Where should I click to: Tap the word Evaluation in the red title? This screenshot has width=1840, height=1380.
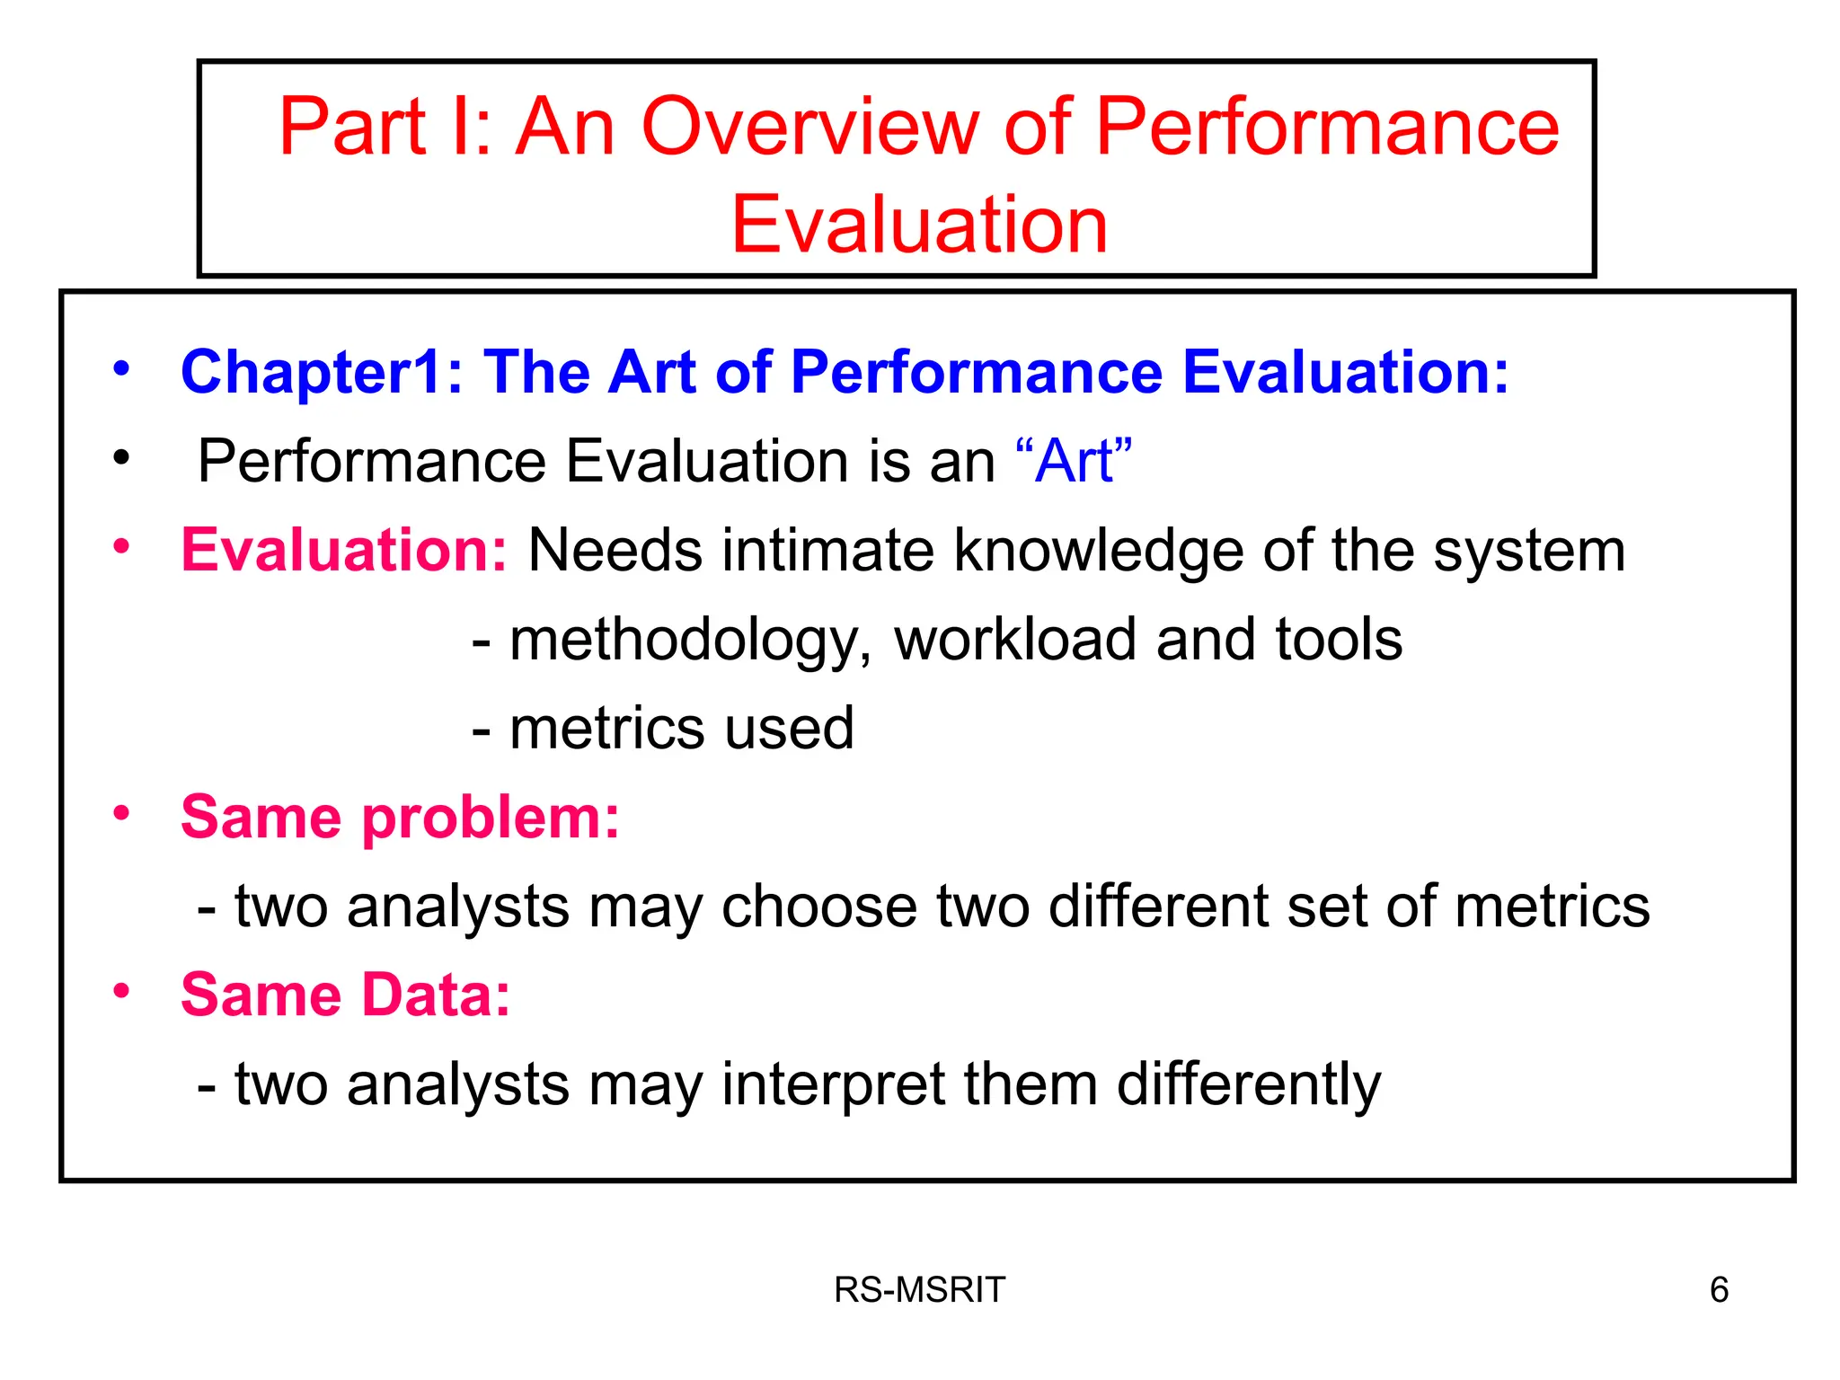pyautogui.click(x=919, y=225)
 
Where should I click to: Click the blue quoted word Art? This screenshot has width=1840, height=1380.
pyautogui.click(x=1074, y=462)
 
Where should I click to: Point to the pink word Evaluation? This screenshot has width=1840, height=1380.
pyautogui.click(x=344, y=550)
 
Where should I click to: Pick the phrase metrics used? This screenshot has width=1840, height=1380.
pyautogui.click(x=681, y=728)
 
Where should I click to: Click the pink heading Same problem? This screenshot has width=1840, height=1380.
pyautogui.click(x=400, y=818)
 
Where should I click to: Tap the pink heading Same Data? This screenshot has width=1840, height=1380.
pyautogui.click(x=345, y=995)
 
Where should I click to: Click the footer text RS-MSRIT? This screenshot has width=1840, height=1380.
pyautogui.click(x=919, y=1290)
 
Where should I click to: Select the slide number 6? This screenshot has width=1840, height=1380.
pyautogui.click(x=1719, y=1290)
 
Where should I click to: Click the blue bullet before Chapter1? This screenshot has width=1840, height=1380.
pyautogui.click(x=121, y=368)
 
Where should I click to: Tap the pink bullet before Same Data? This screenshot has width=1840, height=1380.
pyautogui.click(x=121, y=991)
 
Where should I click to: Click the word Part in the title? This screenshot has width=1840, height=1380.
pyautogui.click(x=352, y=128)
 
